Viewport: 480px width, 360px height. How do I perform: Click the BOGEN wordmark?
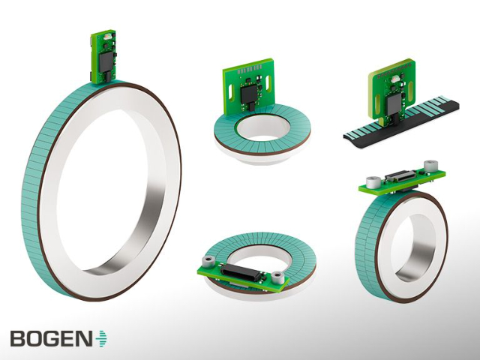[x=51, y=339]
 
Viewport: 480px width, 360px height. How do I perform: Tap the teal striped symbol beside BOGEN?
[x=100, y=338]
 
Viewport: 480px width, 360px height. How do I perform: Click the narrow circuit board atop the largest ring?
[x=103, y=57]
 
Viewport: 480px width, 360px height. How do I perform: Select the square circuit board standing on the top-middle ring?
[x=248, y=86]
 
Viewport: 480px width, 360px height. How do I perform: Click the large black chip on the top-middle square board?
[x=249, y=94]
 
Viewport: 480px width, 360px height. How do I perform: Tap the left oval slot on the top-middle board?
[x=230, y=91]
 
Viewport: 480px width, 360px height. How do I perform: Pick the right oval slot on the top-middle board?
[x=268, y=81]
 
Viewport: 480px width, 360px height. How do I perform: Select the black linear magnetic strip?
[x=401, y=122]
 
